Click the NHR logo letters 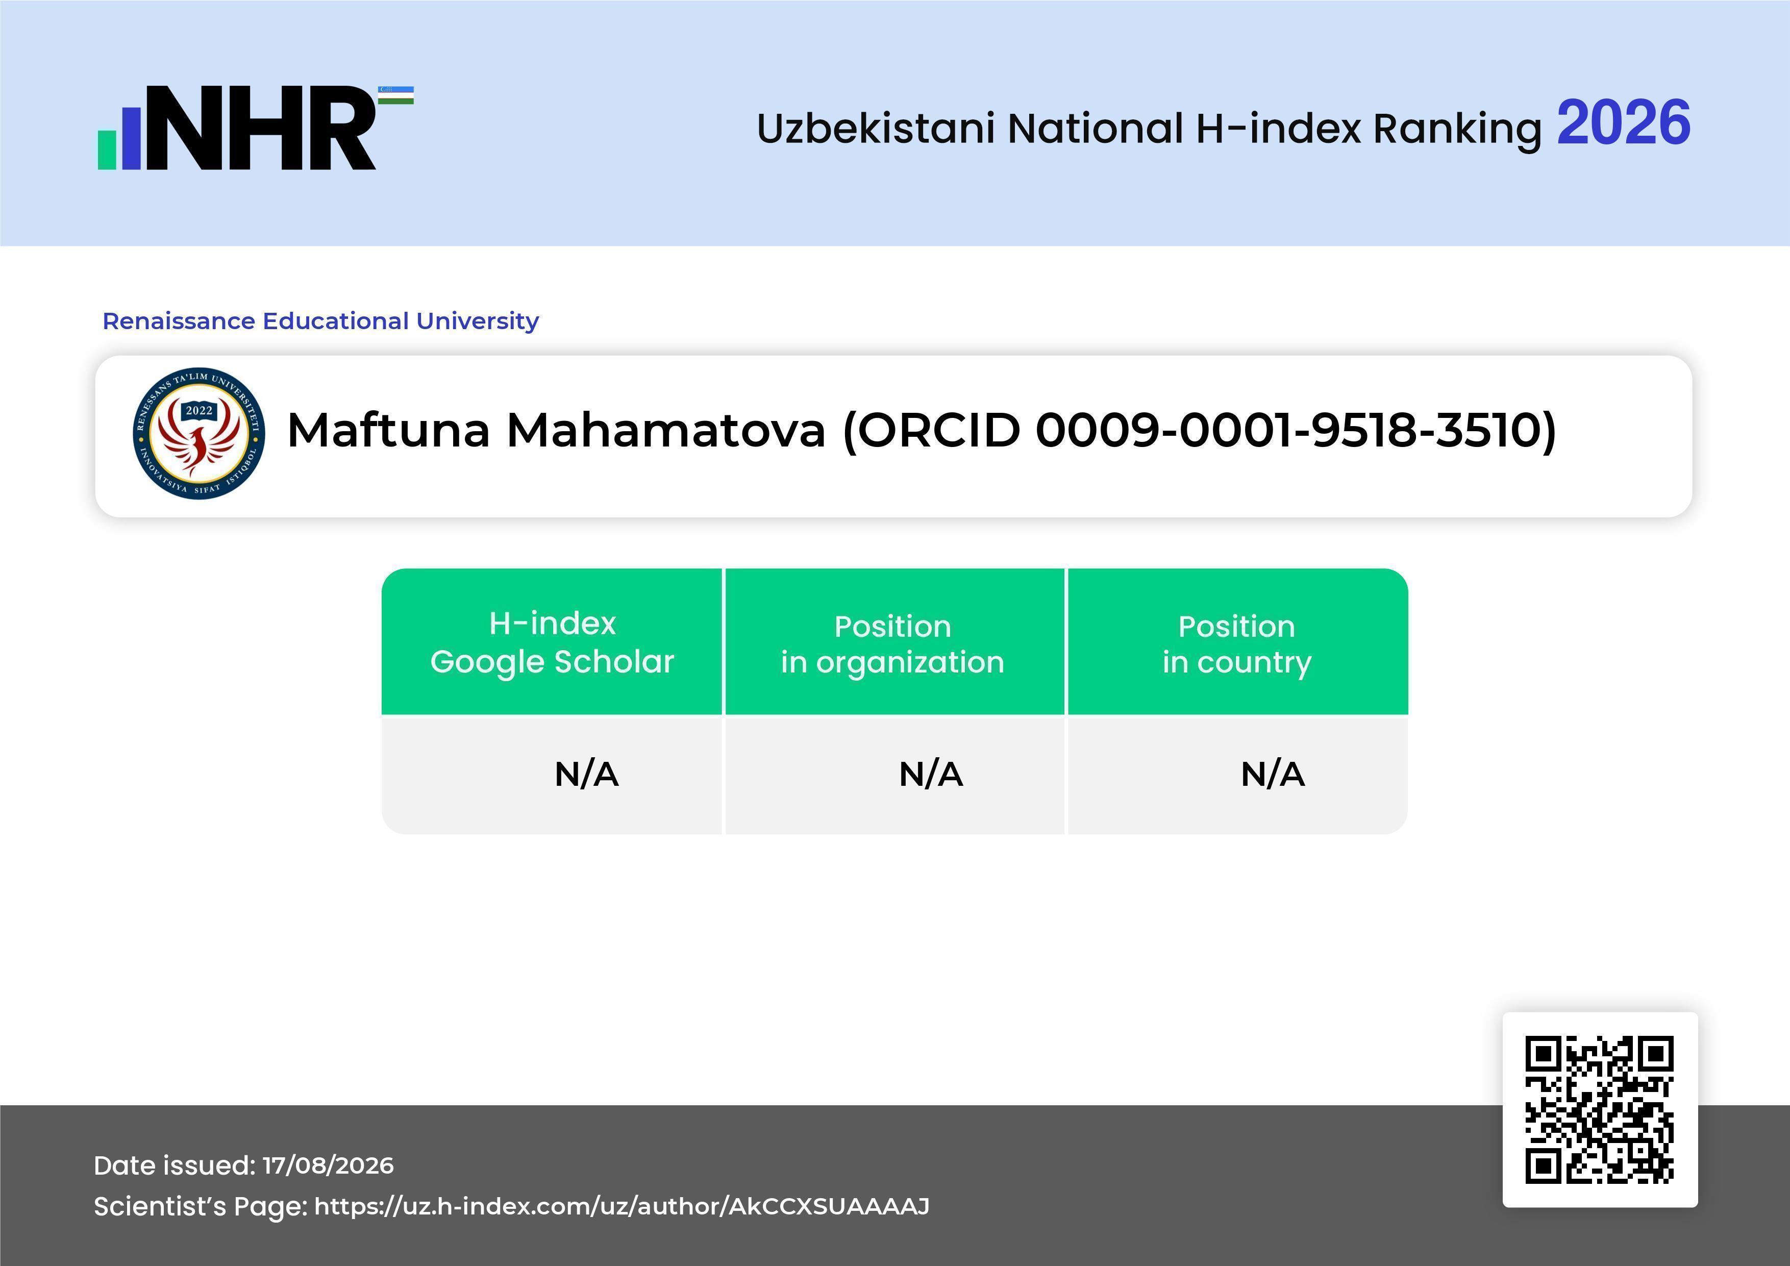[261, 128]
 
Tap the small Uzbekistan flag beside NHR [396, 95]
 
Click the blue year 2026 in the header [1623, 123]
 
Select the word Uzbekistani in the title [876, 128]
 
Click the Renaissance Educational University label [320, 320]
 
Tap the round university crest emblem [199, 433]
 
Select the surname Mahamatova [666, 430]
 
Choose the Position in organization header [892, 644]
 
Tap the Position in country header [1236, 644]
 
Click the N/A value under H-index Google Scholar [586, 774]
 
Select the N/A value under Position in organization [931, 774]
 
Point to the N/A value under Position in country [1272, 774]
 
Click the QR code [1600, 1109]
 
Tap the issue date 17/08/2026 [328, 1165]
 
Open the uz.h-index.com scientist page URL [621, 1206]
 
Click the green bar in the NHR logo [106, 149]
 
